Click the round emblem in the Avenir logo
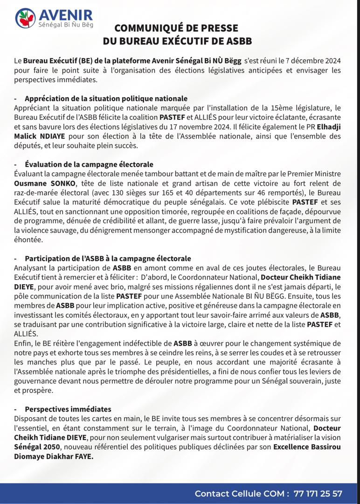[25, 18]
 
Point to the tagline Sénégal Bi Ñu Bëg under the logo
[65, 25]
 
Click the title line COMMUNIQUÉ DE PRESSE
[176, 28]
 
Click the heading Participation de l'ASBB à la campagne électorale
[108, 259]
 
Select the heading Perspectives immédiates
[68, 409]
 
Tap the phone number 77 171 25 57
[318, 493]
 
